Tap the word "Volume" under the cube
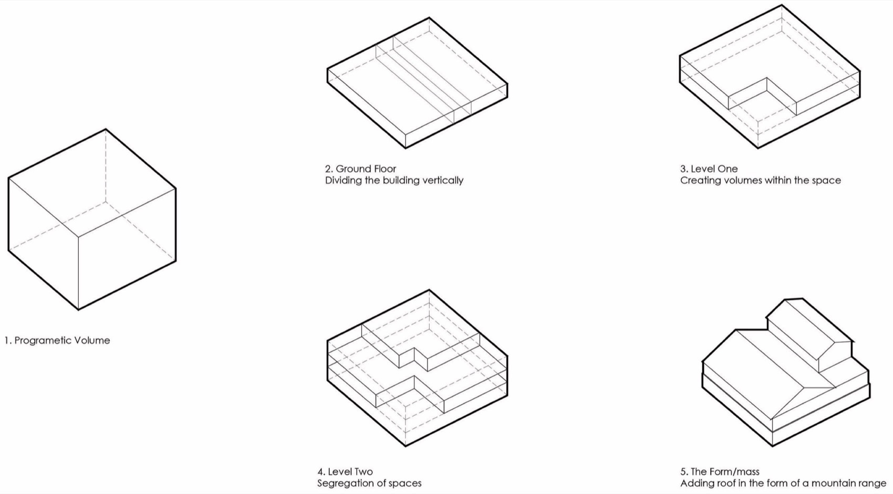(95, 341)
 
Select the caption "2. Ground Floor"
(360, 169)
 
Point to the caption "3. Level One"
(709, 169)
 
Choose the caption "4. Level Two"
(345, 472)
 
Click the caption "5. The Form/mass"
(720, 472)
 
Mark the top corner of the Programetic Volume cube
(106, 129)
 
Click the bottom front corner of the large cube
(78, 310)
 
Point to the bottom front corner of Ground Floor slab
(406, 148)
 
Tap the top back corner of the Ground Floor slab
(429, 17)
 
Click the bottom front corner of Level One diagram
(758, 148)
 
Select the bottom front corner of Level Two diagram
(406, 446)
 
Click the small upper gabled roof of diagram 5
(809, 334)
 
